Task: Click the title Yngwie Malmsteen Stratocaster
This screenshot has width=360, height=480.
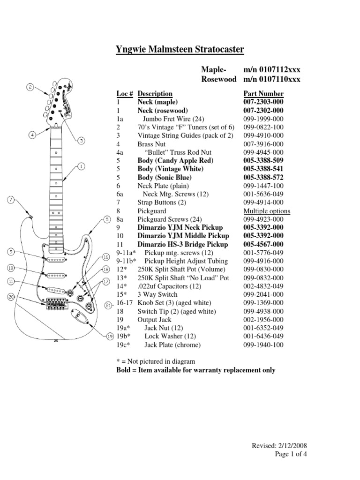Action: pos(180,50)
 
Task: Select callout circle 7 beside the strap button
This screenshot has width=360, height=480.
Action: pos(11,200)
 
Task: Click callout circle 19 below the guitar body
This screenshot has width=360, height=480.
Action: pos(110,336)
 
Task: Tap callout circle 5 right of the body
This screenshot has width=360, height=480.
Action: pos(107,219)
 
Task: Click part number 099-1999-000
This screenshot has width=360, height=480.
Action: pos(263,119)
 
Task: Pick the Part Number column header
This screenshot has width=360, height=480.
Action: pos(263,94)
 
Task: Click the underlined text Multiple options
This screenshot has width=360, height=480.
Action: pos(266,211)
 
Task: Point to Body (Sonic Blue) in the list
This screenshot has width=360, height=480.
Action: pos(165,177)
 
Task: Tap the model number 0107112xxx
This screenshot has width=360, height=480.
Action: pos(272,69)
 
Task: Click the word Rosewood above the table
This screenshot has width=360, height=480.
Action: pos(218,79)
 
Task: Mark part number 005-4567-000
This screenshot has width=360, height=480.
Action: pos(263,244)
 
